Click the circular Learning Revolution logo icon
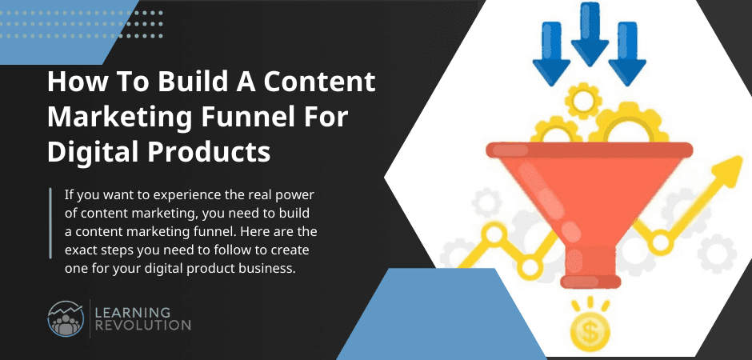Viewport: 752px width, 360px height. click(65, 318)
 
